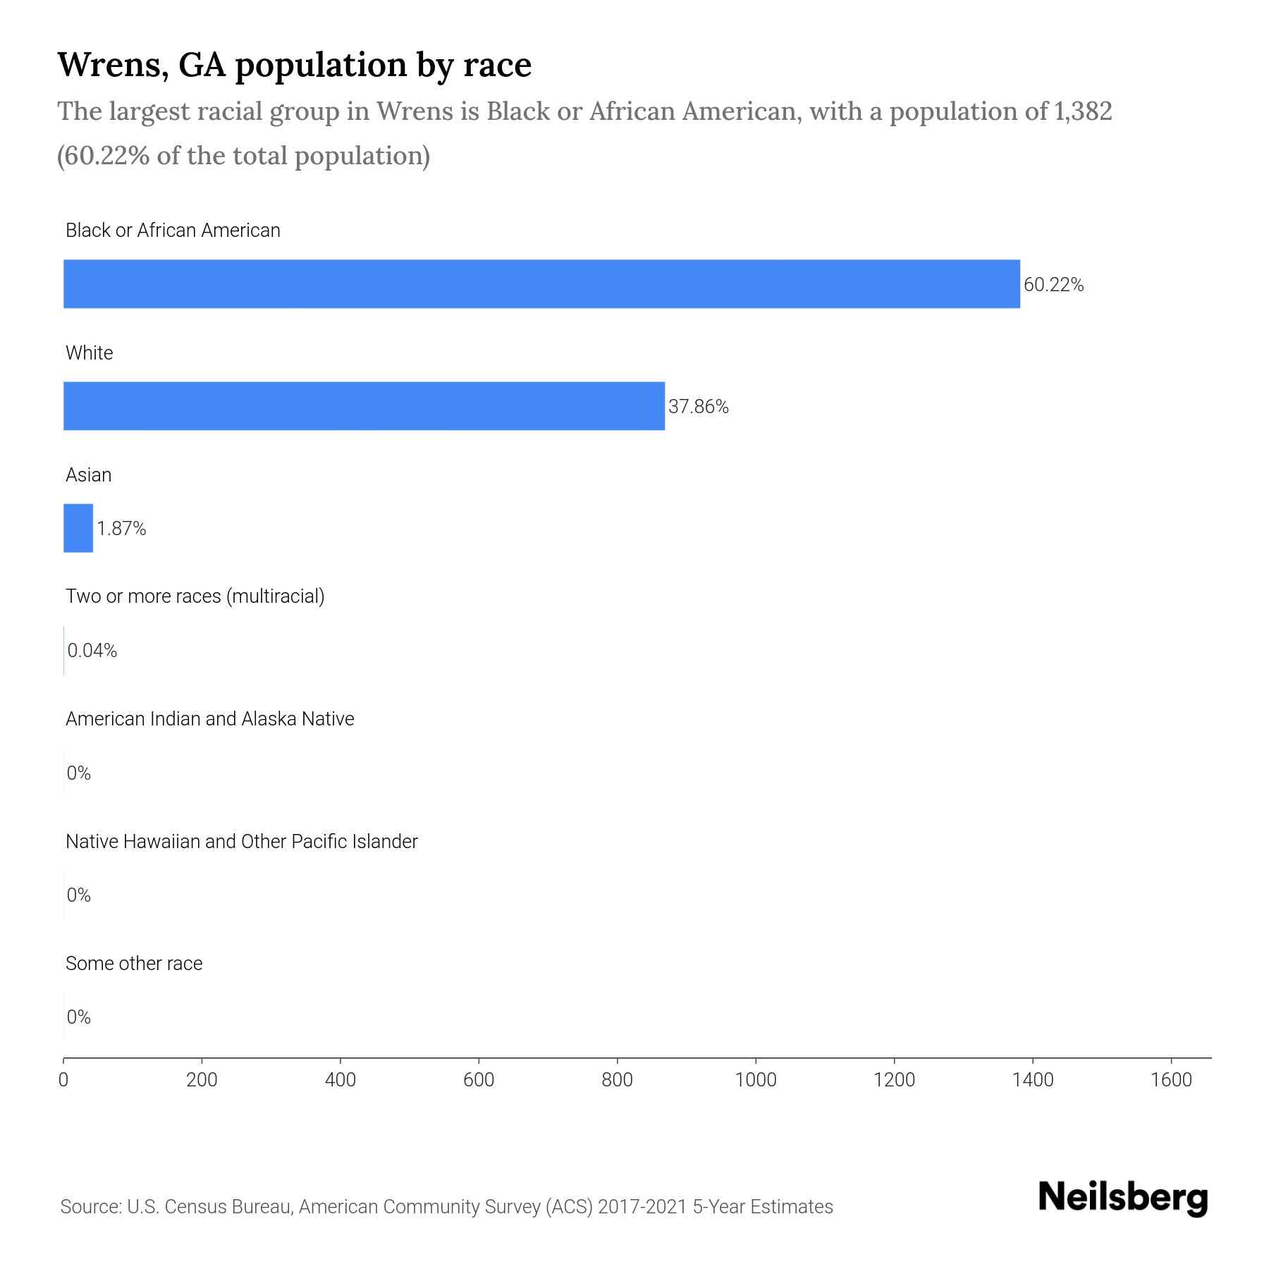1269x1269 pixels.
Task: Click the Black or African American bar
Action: [541, 283]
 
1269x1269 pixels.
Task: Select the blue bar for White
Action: [364, 406]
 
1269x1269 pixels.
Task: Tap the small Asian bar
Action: [78, 528]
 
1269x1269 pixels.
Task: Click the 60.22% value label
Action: [1053, 285]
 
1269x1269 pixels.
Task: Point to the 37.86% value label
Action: [698, 407]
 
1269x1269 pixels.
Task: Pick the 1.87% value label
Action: [121, 529]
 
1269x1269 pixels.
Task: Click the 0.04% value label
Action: [92, 651]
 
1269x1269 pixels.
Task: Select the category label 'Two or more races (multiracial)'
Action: [195, 596]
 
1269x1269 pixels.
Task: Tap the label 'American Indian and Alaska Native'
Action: [209, 719]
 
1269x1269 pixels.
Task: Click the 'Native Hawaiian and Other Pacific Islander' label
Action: [241, 841]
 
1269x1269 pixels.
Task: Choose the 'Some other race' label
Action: [134, 963]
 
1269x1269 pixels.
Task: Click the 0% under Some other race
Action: [78, 1017]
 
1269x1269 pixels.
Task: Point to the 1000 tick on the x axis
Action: [756, 1079]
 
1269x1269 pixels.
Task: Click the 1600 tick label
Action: [1171, 1079]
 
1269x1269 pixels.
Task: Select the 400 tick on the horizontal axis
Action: [341, 1079]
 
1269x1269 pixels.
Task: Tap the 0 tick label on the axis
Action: [63, 1079]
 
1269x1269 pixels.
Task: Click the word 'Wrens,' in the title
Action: [112, 65]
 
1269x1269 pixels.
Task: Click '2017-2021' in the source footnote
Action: [642, 1207]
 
